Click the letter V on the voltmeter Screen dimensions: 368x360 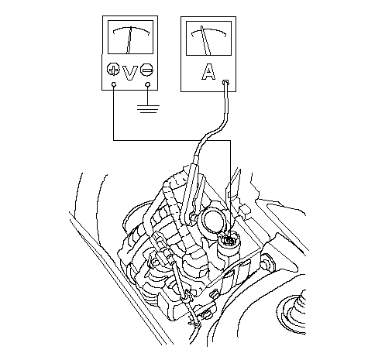(x=130, y=73)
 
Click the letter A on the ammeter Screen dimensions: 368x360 (x=208, y=71)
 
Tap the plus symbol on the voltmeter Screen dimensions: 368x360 (x=113, y=69)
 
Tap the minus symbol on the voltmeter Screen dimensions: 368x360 (x=147, y=70)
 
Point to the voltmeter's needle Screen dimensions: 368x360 (x=129, y=40)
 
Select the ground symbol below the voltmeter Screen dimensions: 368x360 (x=147, y=109)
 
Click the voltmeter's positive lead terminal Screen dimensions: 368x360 (x=114, y=84)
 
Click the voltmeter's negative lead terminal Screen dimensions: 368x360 (x=148, y=84)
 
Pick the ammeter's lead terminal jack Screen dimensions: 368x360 (x=225, y=82)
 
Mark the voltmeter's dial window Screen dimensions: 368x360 (x=130, y=37)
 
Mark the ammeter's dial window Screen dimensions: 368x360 (x=208, y=38)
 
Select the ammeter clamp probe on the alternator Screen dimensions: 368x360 (x=191, y=192)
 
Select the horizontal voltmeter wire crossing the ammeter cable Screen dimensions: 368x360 (x=172, y=140)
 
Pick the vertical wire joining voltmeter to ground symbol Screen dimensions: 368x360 (x=147, y=95)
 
